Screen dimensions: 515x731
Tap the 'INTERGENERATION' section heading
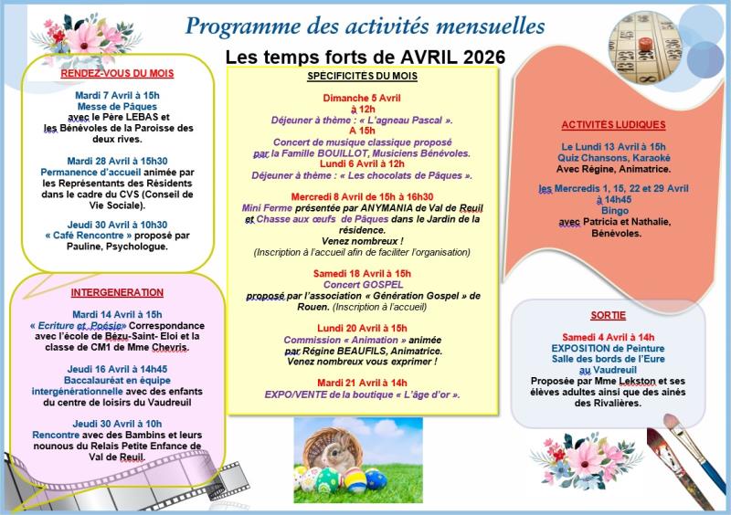[x=117, y=293]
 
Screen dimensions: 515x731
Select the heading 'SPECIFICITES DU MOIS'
[x=363, y=76]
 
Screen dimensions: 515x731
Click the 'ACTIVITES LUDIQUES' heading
[x=613, y=124]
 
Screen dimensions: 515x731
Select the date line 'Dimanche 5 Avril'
[x=362, y=97]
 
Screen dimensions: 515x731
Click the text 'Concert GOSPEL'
[x=363, y=285]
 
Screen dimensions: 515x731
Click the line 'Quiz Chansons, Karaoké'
[x=613, y=157]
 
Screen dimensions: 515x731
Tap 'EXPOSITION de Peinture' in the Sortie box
[x=614, y=348]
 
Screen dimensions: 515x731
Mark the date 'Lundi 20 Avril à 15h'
[x=363, y=327]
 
